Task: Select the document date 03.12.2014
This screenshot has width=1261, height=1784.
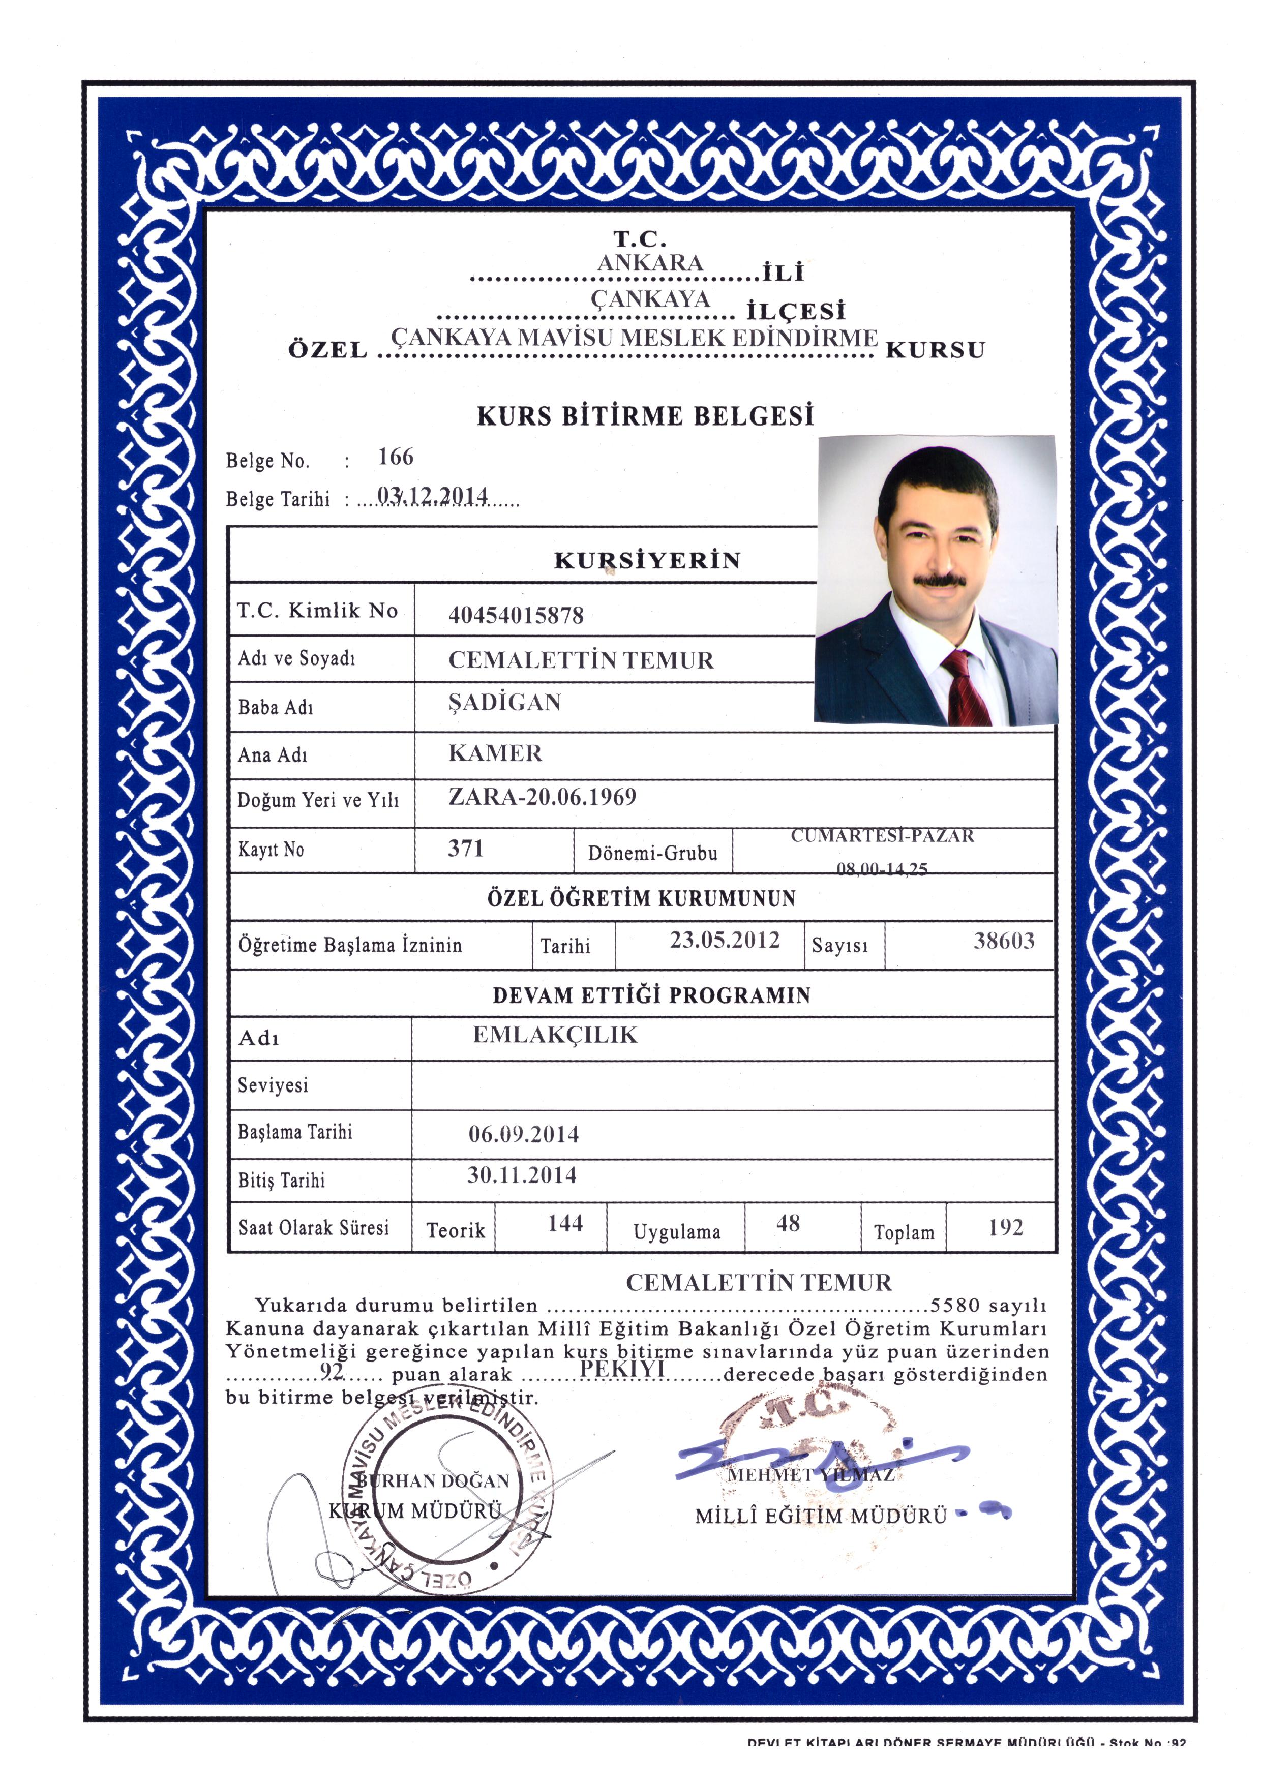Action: coord(432,495)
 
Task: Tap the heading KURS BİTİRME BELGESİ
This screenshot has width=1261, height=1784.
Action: coord(645,416)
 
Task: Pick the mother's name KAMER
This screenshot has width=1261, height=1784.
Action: coord(495,753)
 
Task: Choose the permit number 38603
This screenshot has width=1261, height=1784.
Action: coord(1004,941)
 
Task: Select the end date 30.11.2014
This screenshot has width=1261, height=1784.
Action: coord(521,1175)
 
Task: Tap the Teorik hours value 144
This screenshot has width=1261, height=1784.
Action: coord(565,1224)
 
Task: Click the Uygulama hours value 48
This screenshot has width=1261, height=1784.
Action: coord(788,1224)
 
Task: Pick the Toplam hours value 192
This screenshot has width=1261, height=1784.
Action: coord(1005,1228)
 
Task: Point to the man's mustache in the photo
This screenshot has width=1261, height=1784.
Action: coord(941,580)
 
